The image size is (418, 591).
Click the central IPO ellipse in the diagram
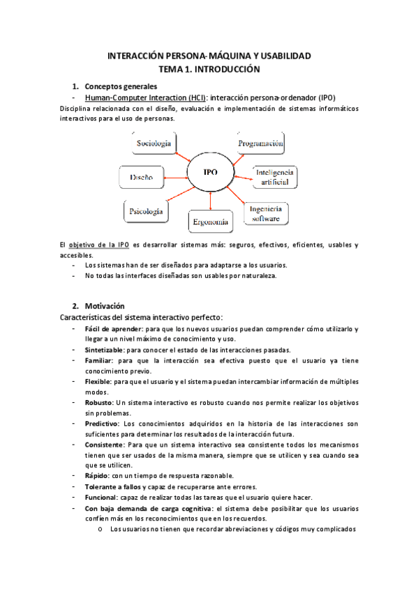(x=209, y=171)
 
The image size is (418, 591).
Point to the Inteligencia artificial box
(x=275, y=176)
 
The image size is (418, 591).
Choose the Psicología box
(x=146, y=210)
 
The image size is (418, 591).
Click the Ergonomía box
(x=209, y=222)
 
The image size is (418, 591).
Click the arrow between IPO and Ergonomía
(x=209, y=202)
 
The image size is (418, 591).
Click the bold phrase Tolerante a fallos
(x=114, y=486)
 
